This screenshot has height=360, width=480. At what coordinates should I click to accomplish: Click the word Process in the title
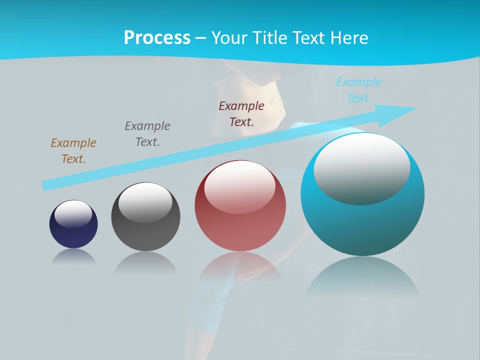(157, 37)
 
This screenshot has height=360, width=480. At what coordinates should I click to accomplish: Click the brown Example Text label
(73, 151)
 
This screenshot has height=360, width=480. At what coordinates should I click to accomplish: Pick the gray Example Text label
(147, 133)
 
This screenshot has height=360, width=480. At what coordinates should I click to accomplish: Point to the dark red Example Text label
(241, 113)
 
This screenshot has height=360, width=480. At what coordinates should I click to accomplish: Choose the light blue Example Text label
(359, 89)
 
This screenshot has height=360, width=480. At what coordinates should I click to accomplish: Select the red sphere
(240, 225)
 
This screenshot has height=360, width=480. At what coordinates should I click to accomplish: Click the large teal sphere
(362, 225)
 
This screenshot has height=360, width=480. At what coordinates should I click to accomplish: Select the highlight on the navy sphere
(73, 213)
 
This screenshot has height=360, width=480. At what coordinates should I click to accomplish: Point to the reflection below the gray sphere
(145, 262)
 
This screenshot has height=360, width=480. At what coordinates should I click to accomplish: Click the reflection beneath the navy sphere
(73, 256)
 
